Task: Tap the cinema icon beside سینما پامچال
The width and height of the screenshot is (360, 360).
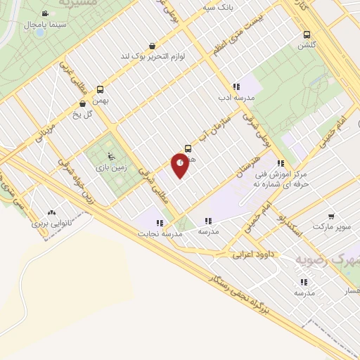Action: tap(45, 13)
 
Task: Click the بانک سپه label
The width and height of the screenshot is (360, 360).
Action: tap(218, 8)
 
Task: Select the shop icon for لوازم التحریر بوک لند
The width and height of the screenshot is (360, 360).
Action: tap(153, 45)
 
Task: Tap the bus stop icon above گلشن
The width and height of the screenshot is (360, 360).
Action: tap(307, 34)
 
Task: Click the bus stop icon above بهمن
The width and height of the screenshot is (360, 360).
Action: tap(100, 89)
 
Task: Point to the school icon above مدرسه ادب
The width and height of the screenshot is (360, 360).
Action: tap(236, 86)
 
